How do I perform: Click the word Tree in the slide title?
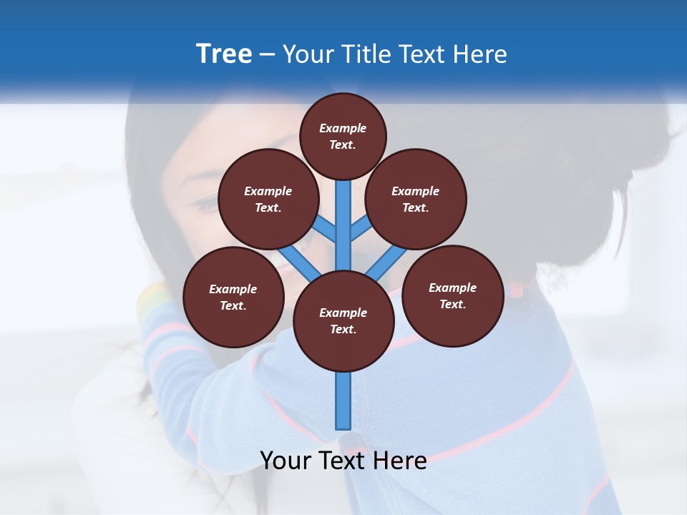[x=224, y=54]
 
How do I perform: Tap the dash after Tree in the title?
[x=267, y=55]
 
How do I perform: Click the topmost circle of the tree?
[x=343, y=136]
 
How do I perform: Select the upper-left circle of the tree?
[x=268, y=199]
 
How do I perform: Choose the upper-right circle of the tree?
[x=416, y=199]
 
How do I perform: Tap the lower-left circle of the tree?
[x=233, y=297]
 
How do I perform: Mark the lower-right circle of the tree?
[x=453, y=295]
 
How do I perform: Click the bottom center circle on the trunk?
[x=343, y=321]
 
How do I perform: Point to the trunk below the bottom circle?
[x=343, y=401]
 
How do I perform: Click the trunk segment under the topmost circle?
[x=343, y=215]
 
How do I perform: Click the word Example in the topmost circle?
[x=343, y=128]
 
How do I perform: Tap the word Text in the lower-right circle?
[x=452, y=304]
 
